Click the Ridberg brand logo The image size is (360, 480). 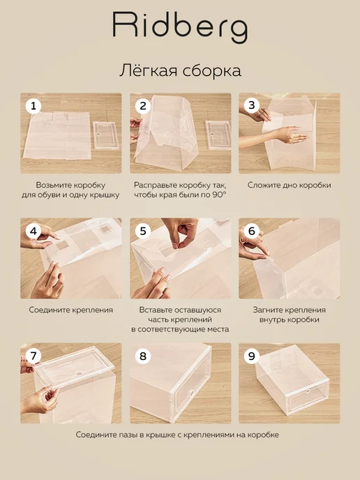pos(180,27)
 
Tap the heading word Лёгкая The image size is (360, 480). pos(149,70)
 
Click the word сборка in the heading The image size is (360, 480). pos(212,70)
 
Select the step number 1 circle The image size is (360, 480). pos(33,106)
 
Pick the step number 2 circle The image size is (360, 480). pos(142,106)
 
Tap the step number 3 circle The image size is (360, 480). pos(252,105)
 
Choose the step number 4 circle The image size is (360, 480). pos(33,232)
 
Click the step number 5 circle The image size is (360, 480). pos(142,232)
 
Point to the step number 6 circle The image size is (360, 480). pos(252,231)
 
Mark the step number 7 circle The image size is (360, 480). pos(33,357)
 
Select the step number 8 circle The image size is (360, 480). pos(142,357)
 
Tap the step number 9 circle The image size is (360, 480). pos(252,357)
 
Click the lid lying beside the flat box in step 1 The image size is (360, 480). pos(106,135)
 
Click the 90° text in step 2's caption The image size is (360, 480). pos(219,195)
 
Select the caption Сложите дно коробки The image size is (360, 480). pos(290,185)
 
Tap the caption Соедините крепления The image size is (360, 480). pos(71,310)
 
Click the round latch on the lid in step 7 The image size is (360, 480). pos(80,374)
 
